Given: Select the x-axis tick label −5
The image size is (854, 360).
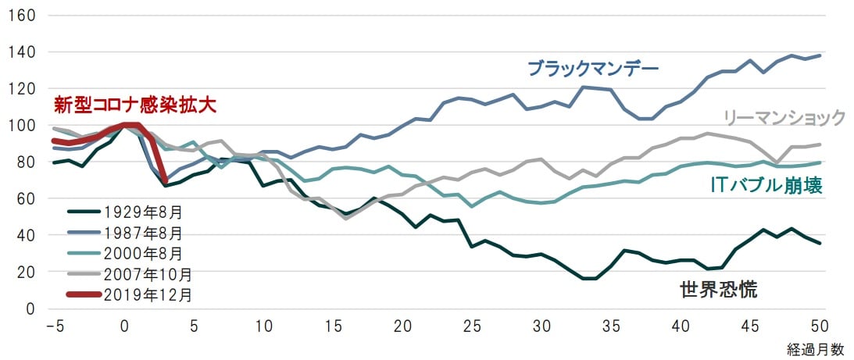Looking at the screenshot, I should (54, 325).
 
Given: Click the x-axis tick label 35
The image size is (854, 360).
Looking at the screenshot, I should (609, 325).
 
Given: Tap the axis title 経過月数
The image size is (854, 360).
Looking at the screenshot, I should (816, 349).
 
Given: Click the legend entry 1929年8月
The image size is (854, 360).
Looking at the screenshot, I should (145, 212).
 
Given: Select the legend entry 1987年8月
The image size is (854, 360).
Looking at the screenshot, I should (145, 233).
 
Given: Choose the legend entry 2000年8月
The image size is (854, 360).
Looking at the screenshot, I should (145, 253).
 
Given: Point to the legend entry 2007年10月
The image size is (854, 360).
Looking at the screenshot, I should (148, 274).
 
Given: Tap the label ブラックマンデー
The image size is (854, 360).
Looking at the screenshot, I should (593, 68).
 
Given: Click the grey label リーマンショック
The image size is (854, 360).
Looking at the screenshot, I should (784, 118).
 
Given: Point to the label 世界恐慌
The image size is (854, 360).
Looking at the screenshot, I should (719, 290).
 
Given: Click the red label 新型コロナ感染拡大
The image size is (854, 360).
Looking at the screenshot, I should (134, 105).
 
